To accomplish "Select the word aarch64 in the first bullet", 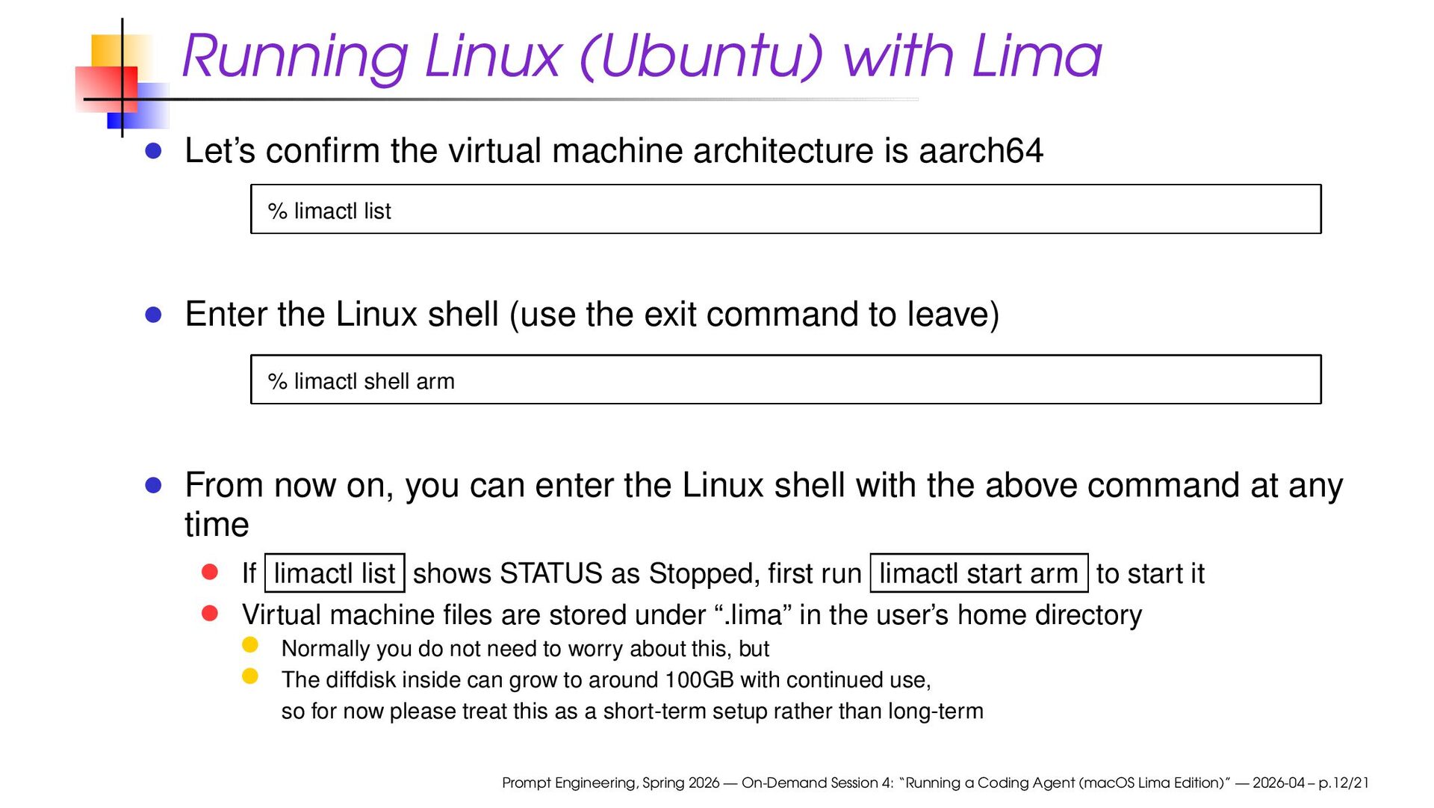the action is (x=981, y=151).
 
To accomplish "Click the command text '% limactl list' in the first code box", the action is (x=329, y=212).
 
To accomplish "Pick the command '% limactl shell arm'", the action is (x=361, y=382).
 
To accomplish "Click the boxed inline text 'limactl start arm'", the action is (x=978, y=574).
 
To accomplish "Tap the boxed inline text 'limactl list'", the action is (x=335, y=574).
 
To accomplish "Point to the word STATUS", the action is (x=550, y=574).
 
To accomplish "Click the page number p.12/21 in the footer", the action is (x=1343, y=783).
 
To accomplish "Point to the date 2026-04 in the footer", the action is (x=1278, y=783).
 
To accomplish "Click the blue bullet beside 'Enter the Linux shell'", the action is (x=154, y=315).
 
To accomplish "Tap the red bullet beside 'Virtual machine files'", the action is (x=210, y=614).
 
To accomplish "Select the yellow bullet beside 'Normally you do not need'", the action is (x=250, y=645).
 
